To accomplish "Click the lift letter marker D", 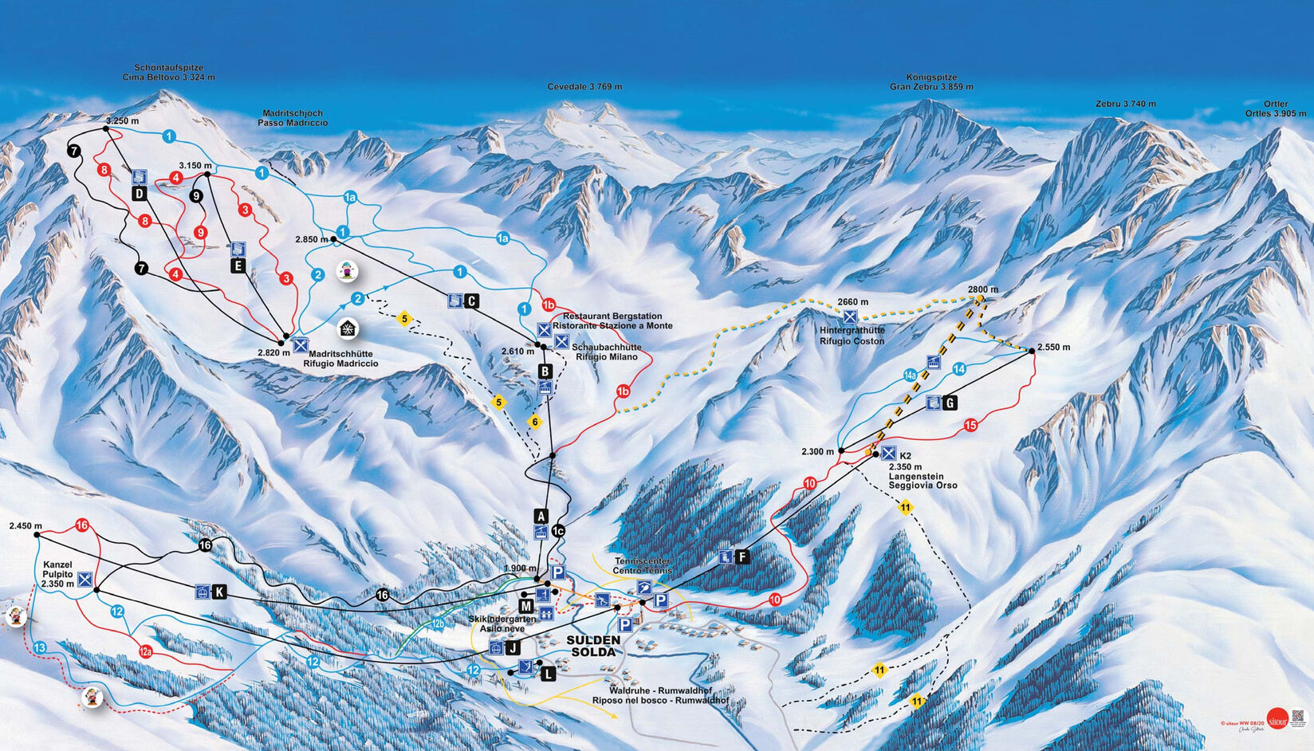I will click(x=140, y=194).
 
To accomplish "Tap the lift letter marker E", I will click(x=238, y=266).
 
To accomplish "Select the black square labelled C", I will click(x=471, y=301).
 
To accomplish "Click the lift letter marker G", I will click(x=949, y=403).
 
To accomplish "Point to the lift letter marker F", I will click(x=742, y=556).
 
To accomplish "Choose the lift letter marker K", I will click(x=219, y=592).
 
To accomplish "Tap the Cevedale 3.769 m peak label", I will click(x=584, y=87).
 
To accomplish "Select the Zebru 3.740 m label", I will click(x=1125, y=104).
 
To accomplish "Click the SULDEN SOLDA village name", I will click(x=593, y=646).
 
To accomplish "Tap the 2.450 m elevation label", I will click(x=26, y=525).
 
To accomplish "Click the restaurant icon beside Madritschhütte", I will click(x=301, y=345).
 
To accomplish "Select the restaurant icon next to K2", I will click(x=887, y=454).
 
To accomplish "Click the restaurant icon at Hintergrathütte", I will click(x=850, y=317).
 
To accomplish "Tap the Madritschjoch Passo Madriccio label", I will click(x=292, y=118).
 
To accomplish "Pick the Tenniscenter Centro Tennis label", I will click(x=642, y=566).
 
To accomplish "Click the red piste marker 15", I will click(x=970, y=425).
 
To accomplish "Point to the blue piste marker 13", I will click(x=40, y=648).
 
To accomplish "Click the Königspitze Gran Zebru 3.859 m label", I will click(x=931, y=82).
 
